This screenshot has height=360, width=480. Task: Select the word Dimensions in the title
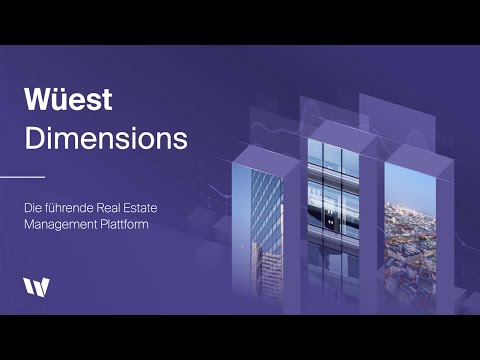tap(106, 139)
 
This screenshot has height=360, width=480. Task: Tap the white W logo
tap(35, 287)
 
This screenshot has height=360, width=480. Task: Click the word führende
tap(70, 207)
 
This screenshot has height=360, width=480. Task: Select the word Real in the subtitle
tap(113, 207)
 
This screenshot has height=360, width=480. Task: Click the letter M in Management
tap(32, 224)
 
